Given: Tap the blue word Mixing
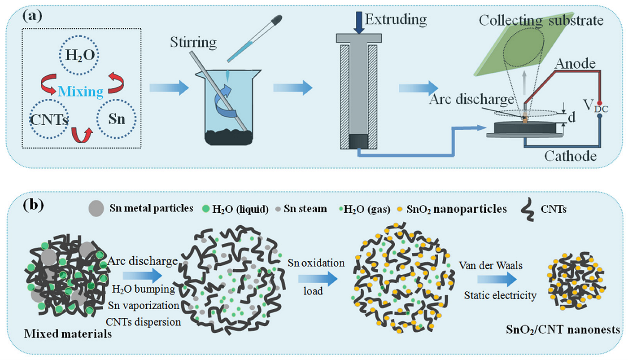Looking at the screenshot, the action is point(81,92).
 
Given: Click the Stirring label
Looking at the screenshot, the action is point(193,42).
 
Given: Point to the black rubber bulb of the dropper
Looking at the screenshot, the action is point(276,20).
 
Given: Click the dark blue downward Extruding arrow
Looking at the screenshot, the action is point(359,22).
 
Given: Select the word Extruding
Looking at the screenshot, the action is point(396,20).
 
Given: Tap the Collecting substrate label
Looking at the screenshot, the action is point(541,21).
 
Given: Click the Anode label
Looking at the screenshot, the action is point(575,64).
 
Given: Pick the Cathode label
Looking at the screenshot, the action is point(570,156).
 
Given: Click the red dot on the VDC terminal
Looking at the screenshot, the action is point(600,103).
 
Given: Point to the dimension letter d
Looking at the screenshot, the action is point(571,117).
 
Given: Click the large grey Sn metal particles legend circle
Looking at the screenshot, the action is point(96,208).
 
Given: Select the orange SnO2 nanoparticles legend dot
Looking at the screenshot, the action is point(400,209).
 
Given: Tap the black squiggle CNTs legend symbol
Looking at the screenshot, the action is point(527,210).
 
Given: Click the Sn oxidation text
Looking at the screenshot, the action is point(316,263).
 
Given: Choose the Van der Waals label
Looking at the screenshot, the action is point(491,265).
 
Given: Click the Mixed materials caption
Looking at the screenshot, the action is point(68,334).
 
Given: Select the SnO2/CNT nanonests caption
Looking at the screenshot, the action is point(563,329).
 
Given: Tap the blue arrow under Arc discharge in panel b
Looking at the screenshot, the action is point(143,275).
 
